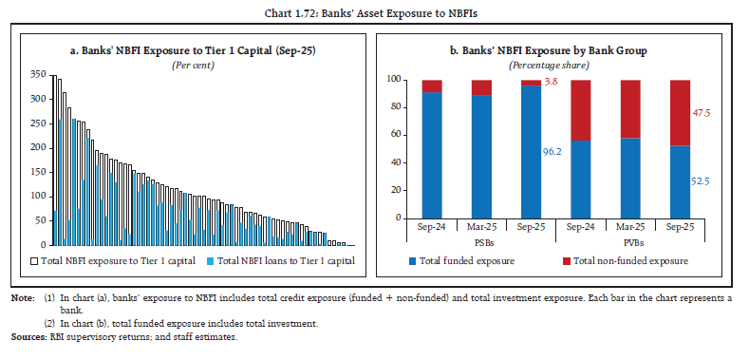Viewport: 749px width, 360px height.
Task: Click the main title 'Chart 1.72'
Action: tap(374, 10)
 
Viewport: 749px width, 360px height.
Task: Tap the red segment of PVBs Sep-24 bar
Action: tap(580, 109)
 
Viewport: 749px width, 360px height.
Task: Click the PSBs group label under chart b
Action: tap(482, 241)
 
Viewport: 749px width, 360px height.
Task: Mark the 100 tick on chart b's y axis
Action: tap(397, 80)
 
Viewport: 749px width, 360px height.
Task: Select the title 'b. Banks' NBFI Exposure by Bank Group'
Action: tap(556, 50)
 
